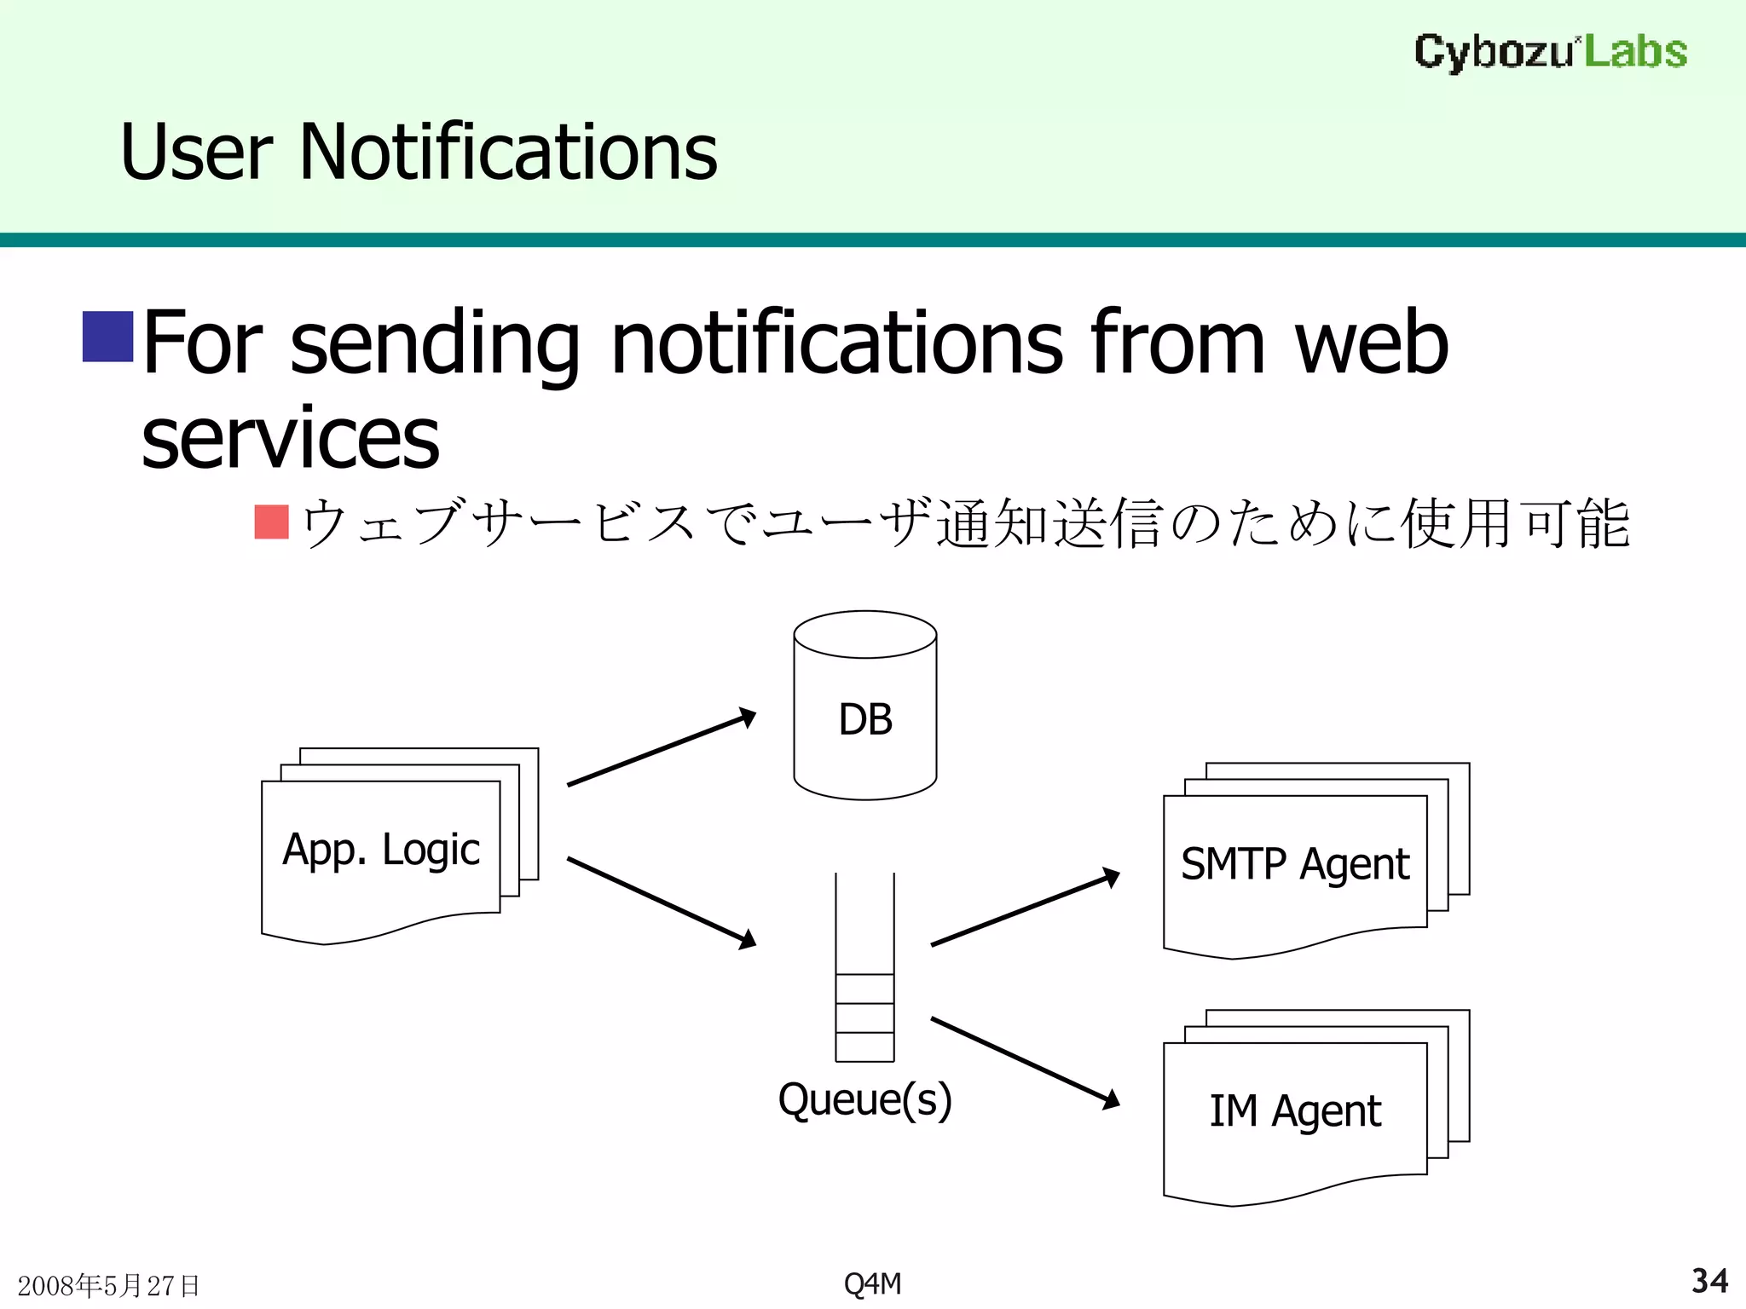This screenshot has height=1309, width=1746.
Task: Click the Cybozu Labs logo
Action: point(1550,52)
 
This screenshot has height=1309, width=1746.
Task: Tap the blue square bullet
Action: point(107,337)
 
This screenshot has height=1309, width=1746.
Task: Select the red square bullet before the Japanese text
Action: point(272,522)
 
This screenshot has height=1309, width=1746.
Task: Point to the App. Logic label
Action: point(381,851)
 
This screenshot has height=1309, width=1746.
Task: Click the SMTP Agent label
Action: point(1295,864)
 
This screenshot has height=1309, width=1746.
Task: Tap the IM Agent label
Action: point(1295,1111)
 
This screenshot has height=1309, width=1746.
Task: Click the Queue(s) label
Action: point(864,1099)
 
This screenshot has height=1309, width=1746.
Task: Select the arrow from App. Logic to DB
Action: point(662,747)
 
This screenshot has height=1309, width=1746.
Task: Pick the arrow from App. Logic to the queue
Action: point(662,902)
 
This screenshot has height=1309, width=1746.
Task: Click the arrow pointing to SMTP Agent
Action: point(1025,908)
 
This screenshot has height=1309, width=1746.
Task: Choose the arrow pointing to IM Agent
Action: point(1025,1062)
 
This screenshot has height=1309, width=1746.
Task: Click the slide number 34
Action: point(1709,1281)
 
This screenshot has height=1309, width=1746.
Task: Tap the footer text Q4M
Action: point(872,1283)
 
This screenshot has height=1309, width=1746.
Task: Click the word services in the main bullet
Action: point(290,439)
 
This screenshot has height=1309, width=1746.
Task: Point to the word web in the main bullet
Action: point(1371,343)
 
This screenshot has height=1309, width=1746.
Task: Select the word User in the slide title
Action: point(197,153)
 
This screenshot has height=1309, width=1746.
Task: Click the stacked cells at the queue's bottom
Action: point(864,1018)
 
